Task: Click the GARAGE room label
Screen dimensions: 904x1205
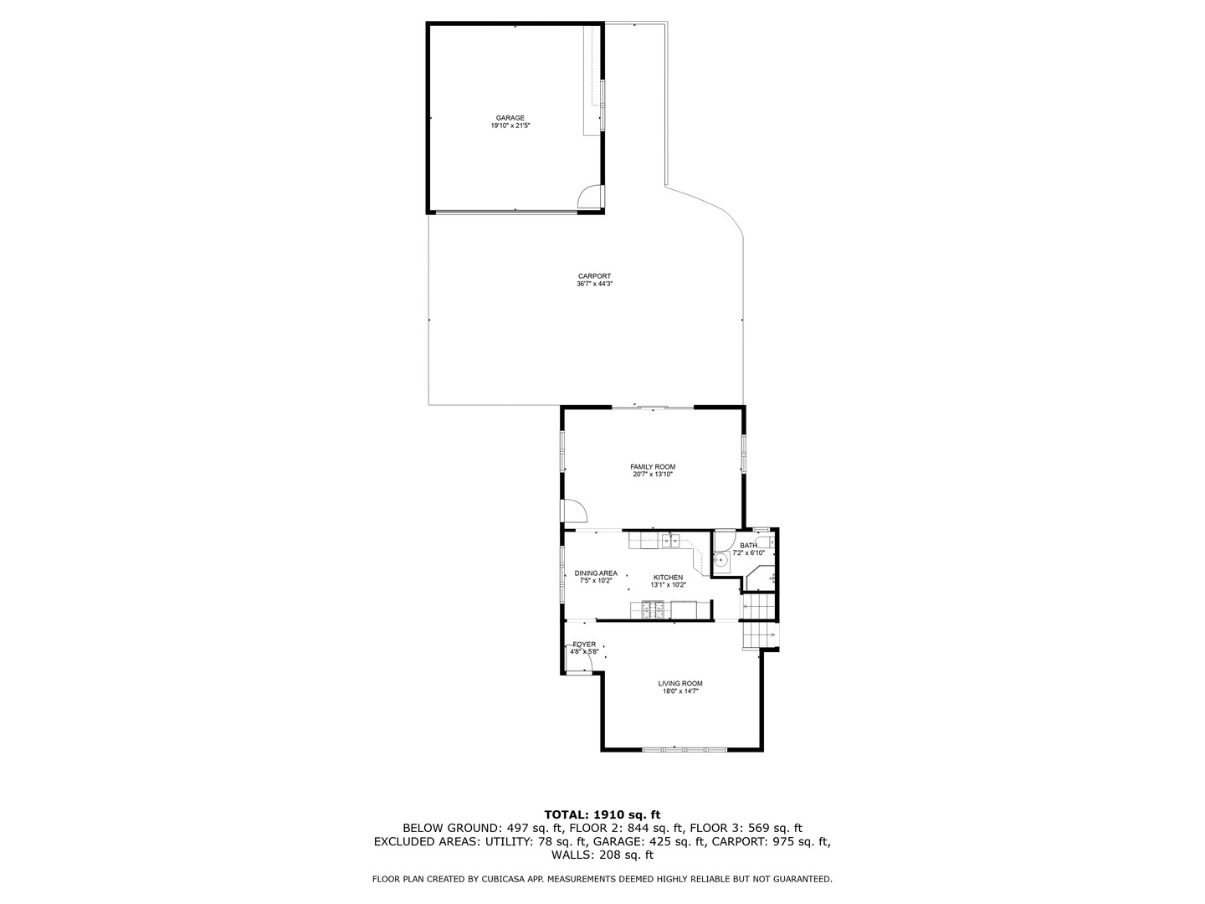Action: pos(510,118)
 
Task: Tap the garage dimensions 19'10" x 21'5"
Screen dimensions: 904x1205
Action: pos(510,126)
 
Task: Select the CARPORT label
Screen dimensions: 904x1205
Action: pos(594,276)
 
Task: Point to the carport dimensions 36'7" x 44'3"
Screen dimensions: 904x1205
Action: pos(594,284)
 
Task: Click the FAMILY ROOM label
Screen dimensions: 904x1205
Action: pos(653,467)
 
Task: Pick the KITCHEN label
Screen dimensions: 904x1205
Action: pos(668,578)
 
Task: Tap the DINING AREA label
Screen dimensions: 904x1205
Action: pos(596,573)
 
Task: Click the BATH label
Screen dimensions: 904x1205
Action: pos(748,546)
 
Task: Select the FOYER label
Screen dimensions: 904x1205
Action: pos(584,645)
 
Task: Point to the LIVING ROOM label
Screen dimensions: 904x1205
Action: pos(680,684)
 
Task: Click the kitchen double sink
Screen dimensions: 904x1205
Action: pos(671,541)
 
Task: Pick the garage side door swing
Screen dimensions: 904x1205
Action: pos(591,198)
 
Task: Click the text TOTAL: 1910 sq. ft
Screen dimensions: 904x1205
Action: pos(602,814)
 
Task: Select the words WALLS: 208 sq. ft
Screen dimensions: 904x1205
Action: pos(602,855)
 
